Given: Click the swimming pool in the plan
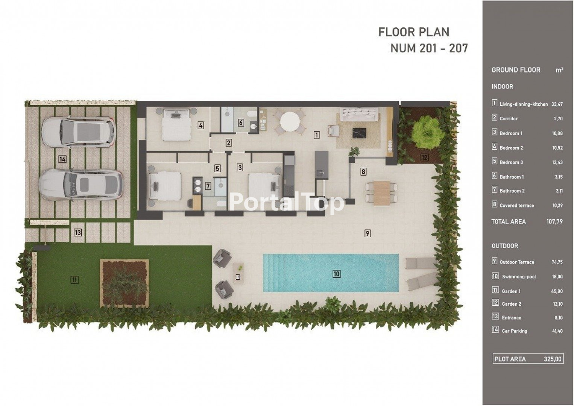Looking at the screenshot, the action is tap(331, 273).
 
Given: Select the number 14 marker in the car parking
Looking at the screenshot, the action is tap(62, 159).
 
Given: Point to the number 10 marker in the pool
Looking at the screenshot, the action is tap(336, 274).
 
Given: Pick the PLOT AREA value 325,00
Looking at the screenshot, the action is tap(553, 359).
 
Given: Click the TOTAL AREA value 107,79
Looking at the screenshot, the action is tap(554, 221).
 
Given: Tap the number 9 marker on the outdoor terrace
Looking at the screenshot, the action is tap(367, 233).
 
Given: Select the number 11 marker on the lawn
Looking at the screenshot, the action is tap(74, 280).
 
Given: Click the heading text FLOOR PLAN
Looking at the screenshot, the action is tap(414, 32).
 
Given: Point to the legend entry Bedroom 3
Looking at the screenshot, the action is tap(511, 162).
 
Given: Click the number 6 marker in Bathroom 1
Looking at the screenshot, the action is tap(241, 123).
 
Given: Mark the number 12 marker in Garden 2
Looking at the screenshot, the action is tap(424, 157).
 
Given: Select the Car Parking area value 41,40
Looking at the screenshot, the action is tap(557, 331).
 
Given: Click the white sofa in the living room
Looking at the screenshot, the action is tap(359, 114).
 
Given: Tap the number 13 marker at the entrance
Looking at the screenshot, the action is tap(77, 232).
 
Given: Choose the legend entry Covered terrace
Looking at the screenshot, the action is tap(516, 205).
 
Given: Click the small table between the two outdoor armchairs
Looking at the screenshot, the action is tap(239, 273).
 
